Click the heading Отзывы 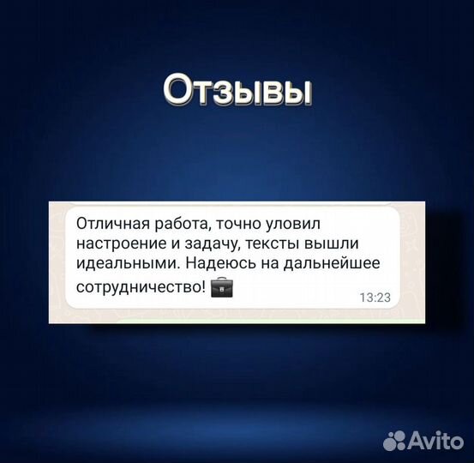[x=237, y=90]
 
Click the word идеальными [x=121, y=266]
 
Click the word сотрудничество [x=138, y=287]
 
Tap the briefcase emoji [x=221, y=287]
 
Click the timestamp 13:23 [x=374, y=298]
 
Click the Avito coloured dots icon [x=394, y=440]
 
